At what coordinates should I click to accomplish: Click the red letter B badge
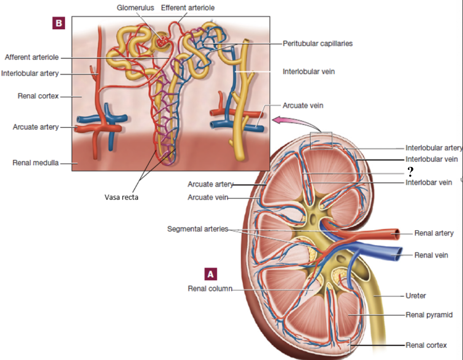[58, 23]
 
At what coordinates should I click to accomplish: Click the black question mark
[409, 172]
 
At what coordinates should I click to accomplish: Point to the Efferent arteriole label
[188, 8]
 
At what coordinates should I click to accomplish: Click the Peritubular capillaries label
[318, 43]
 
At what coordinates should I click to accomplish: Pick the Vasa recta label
[121, 197]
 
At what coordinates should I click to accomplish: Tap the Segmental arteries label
[197, 229]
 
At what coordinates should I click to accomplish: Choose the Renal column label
[210, 289]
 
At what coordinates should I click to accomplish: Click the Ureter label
[415, 296]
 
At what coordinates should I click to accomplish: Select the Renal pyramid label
[429, 314]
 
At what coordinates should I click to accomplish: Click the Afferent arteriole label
[32, 57]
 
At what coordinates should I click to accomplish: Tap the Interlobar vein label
[428, 182]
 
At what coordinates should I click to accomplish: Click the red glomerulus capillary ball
[162, 41]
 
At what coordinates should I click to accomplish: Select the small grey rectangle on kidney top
[321, 140]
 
